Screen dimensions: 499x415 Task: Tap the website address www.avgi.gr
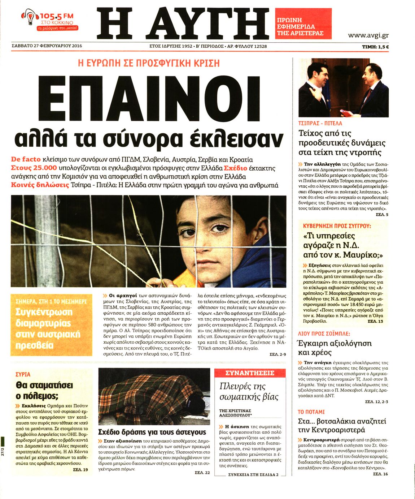tap(368, 35)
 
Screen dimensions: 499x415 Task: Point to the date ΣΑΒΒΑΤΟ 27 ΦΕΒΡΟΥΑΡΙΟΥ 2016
tap(47, 46)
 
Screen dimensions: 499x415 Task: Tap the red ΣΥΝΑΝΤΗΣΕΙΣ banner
tap(250, 373)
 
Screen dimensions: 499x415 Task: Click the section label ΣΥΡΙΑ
tap(23, 374)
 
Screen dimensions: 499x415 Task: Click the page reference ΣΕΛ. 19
tap(80, 470)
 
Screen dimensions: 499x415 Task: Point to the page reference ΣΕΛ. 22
tap(202, 473)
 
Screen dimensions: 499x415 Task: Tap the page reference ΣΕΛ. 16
tap(380, 474)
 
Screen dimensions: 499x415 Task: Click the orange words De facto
tap(26, 159)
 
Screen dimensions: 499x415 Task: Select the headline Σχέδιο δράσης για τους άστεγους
tap(152, 432)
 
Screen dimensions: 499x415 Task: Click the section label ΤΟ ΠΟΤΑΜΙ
tap(311, 412)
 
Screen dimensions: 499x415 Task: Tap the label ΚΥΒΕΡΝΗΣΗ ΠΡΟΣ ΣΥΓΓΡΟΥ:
tap(337, 226)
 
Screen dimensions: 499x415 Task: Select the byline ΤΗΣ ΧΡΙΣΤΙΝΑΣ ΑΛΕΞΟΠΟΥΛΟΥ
tap(235, 413)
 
